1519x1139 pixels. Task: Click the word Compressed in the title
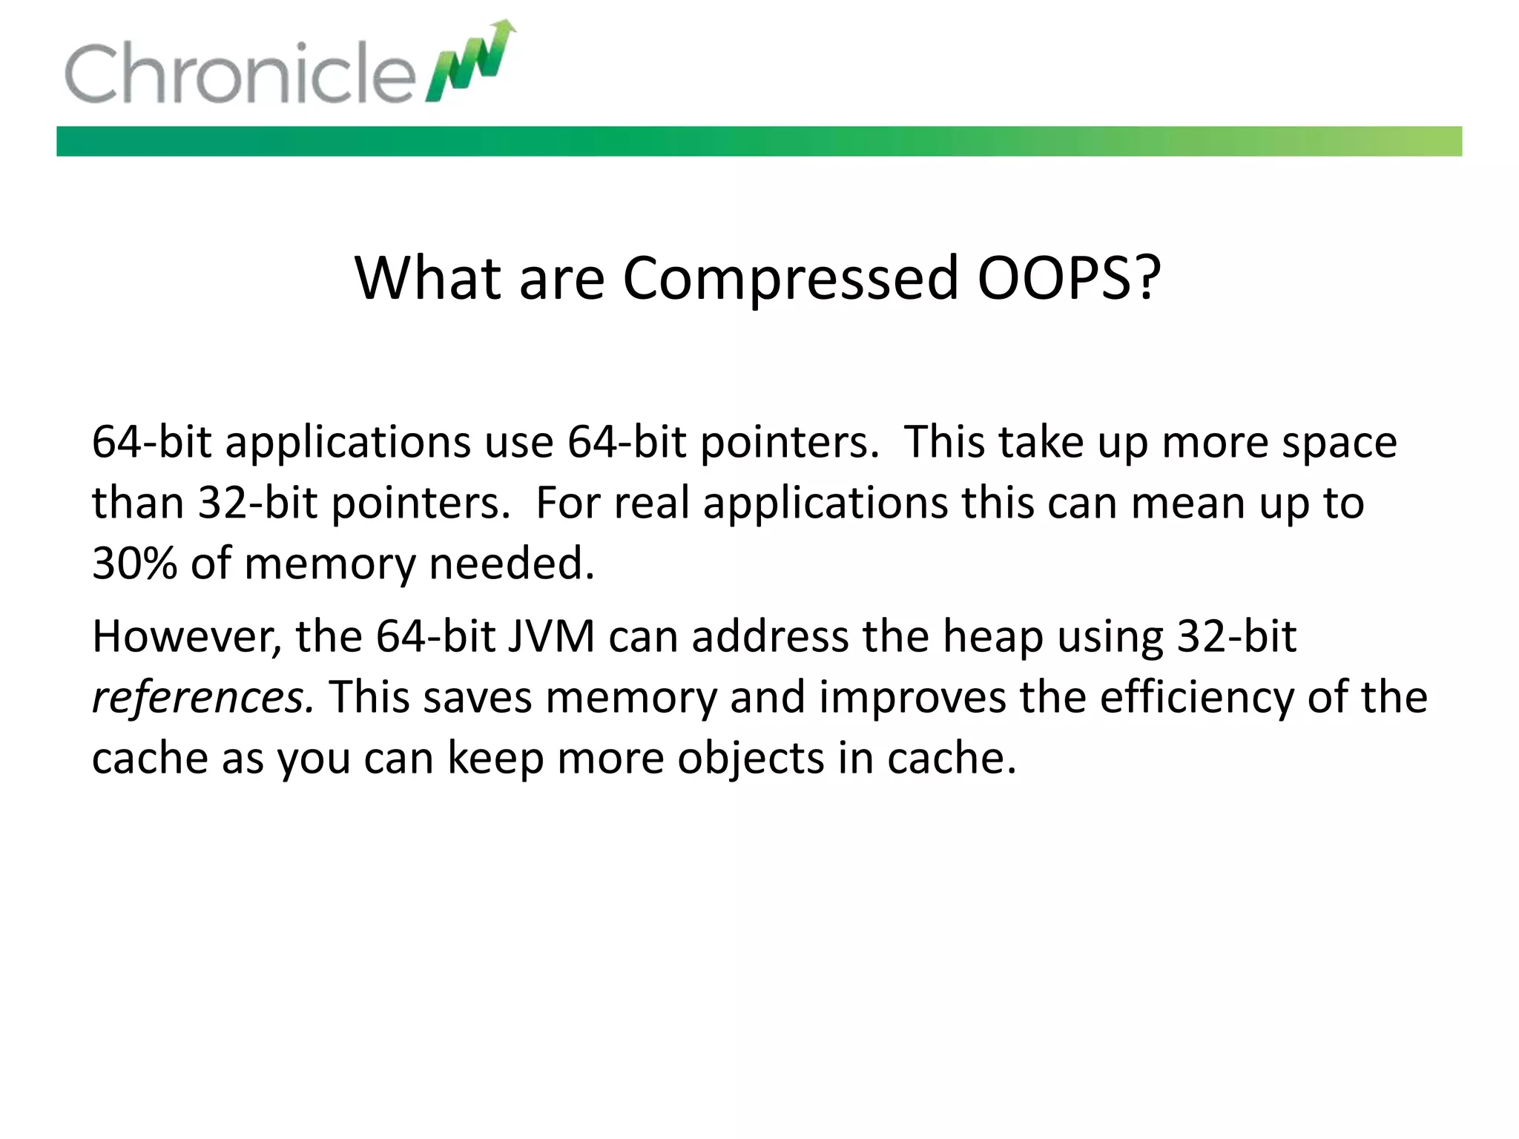[x=791, y=278]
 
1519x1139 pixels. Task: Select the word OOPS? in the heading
[x=1069, y=278]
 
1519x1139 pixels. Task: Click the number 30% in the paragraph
[x=134, y=564]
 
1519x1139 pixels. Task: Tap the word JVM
[x=551, y=636]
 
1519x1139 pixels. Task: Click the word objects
[x=751, y=759]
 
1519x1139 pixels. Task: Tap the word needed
[x=512, y=564]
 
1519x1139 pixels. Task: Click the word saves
[x=478, y=699]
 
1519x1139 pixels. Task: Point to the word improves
[x=912, y=699]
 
